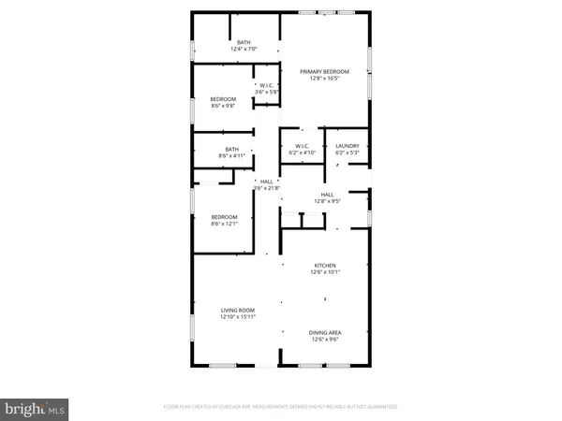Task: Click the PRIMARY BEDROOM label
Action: pyautogui.click(x=324, y=72)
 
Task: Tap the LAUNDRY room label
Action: pyautogui.click(x=348, y=146)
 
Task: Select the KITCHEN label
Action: pyautogui.click(x=323, y=266)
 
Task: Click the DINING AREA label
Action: pyautogui.click(x=325, y=332)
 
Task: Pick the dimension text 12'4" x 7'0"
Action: pyautogui.click(x=244, y=49)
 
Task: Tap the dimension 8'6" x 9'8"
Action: pyautogui.click(x=223, y=106)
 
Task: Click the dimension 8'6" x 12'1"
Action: pyautogui.click(x=223, y=224)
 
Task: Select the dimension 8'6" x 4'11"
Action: pyautogui.click(x=231, y=155)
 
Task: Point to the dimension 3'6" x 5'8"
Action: pyautogui.click(x=267, y=92)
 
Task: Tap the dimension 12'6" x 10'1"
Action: pyautogui.click(x=323, y=272)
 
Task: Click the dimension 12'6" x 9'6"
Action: pyautogui.click(x=325, y=339)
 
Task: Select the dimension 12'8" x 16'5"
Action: pyautogui.click(x=324, y=79)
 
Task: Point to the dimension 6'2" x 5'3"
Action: pyautogui.click(x=348, y=152)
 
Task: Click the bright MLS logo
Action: pyautogui.click(x=35, y=408)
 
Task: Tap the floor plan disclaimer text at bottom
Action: pyautogui.click(x=281, y=407)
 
